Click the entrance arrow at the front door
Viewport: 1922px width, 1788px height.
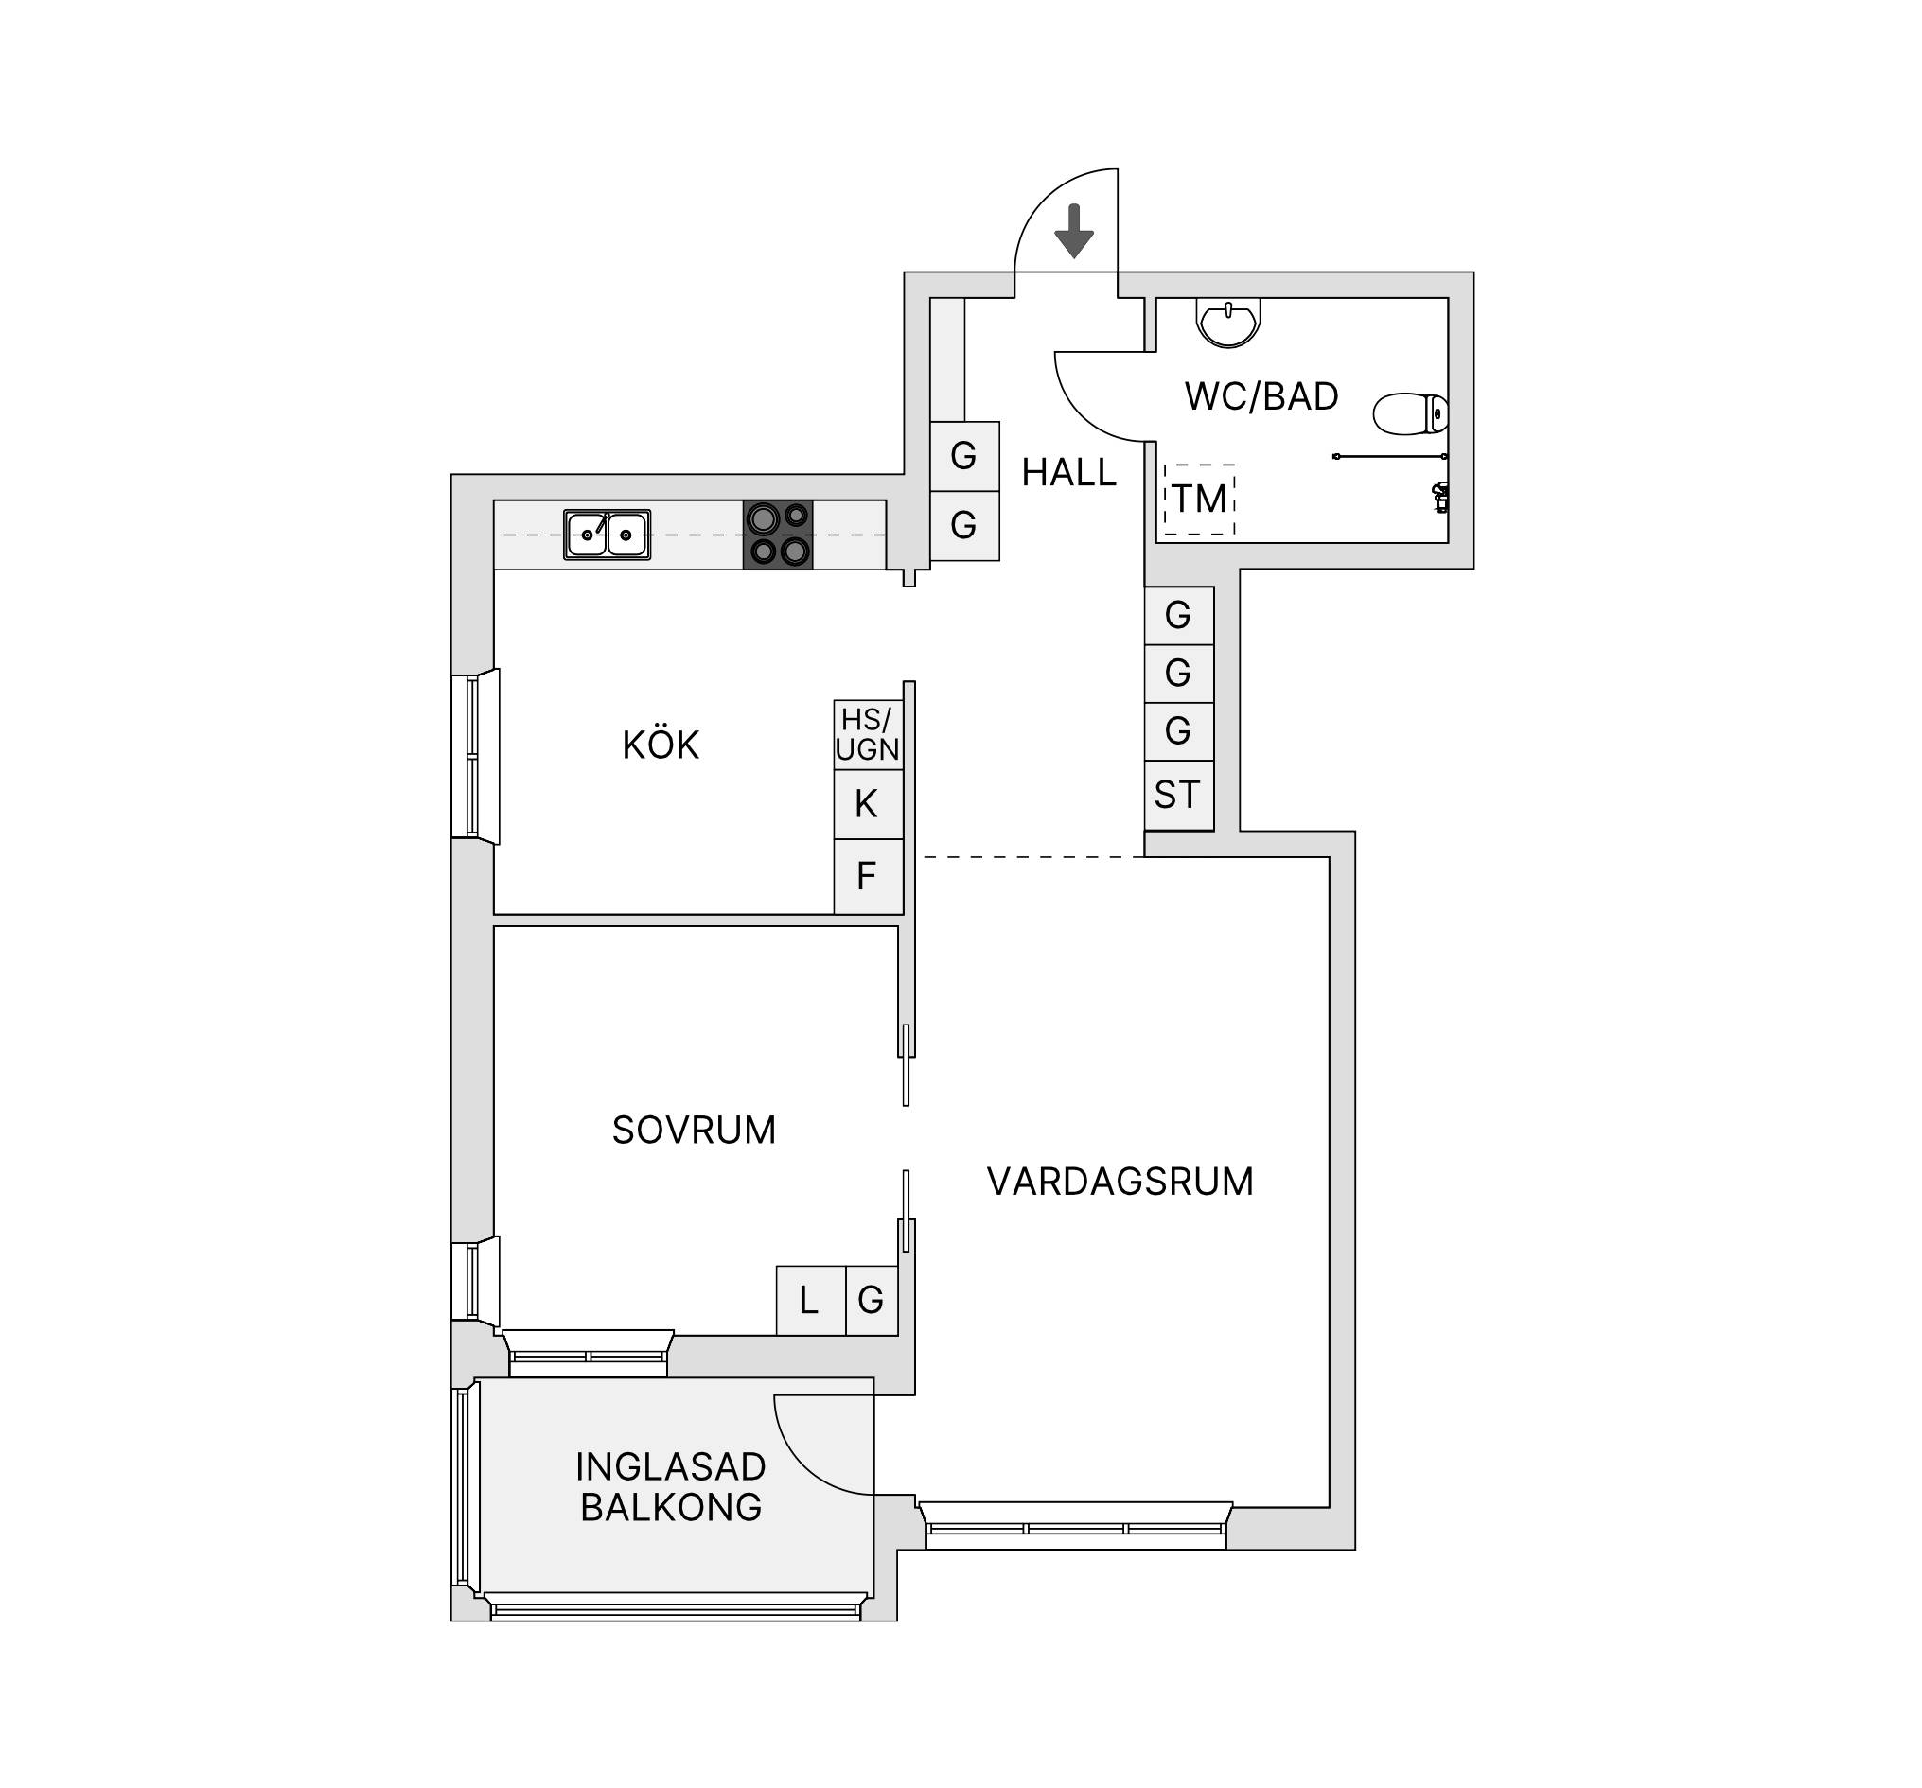point(1073,231)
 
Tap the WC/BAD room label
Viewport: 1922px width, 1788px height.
point(1261,396)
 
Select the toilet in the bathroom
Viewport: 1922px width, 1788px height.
point(1411,413)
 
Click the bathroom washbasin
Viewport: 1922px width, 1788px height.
point(1227,322)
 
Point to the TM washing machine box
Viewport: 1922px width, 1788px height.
point(1199,499)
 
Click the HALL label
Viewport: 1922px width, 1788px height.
point(1068,473)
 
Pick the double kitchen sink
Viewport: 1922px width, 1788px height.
point(608,535)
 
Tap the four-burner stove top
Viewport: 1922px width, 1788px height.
point(777,535)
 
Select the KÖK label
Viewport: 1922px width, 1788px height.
point(661,745)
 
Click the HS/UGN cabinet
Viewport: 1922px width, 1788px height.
point(868,734)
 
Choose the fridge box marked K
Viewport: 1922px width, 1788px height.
point(868,804)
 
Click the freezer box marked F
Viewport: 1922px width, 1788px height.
point(868,877)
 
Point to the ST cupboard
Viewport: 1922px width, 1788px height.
point(1178,796)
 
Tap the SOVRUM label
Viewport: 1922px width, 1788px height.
point(694,1130)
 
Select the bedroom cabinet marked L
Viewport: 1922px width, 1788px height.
point(811,1301)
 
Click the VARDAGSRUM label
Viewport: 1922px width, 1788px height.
point(1120,1181)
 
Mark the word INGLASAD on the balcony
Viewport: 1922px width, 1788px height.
point(670,1467)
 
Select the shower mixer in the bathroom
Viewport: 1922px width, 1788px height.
point(1439,498)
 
